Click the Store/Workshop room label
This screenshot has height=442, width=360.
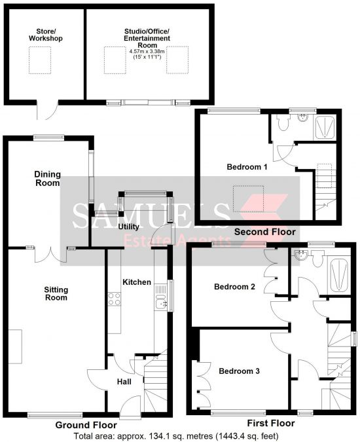click(46, 35)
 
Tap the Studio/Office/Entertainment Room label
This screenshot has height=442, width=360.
click(147, 39)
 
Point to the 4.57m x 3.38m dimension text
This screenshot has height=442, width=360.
click(147, 52)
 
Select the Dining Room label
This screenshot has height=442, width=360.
click(47, 178)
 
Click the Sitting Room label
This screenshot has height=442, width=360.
click(56, 294)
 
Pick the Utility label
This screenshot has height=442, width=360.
click(128, 227)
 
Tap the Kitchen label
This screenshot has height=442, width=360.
click(137, 282)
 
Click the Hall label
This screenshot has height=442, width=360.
click(124, 382)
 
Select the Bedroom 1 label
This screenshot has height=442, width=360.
click(247, 167)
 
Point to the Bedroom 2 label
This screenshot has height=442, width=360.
click(234, 287)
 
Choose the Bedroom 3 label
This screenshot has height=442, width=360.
click(239, 371)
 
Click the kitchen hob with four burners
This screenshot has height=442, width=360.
click(115, 299)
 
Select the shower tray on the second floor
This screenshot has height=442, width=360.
click(325, 127)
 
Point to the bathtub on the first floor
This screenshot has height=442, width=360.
click(338, 276)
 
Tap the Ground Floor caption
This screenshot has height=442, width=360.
click(86, 425)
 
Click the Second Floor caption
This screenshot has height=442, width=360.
click(265, 232)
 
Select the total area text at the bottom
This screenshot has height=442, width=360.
click(176, 436)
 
